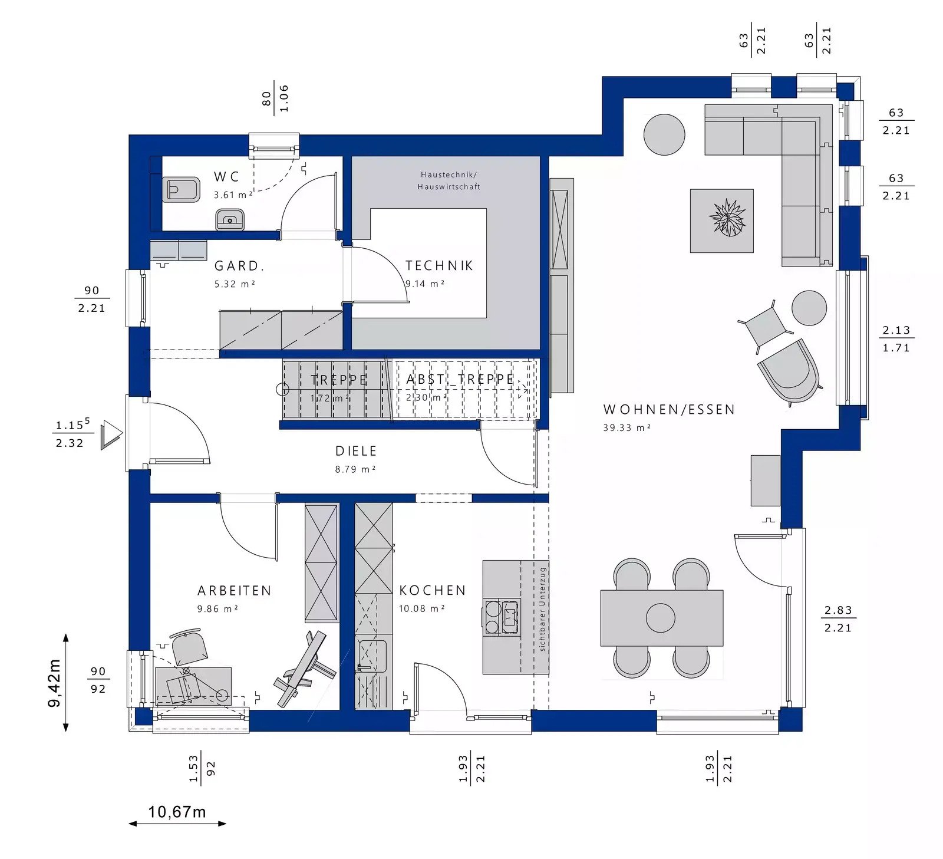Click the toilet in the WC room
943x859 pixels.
pyautogui.click(x=181, y=189)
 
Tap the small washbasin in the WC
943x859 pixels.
pyautogui.click(x=229, y=219)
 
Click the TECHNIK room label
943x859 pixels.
pyautogui.click(x=440, y=266)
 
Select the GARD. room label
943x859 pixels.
pyautogui.click(x=239, y=266)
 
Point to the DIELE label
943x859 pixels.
pyautogui.click(x=356, y=451)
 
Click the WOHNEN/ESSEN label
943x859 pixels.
pyautogui.click(x=669, y=410)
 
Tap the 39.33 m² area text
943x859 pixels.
pyautogui.click(x=627, y=428)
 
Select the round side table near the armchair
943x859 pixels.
pyautogui.click(x=809, y=308)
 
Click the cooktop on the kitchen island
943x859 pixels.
pyautogui.click(x=501, y=617)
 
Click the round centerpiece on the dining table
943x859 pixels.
pyautogui.click(x=660, y=618)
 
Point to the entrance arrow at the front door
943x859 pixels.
pyautogui.click(x=111, y=435)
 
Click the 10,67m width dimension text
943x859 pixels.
pyautogui.click(x=177, y=812)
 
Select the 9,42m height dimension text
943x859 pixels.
pyautogui.click(x=54, y=683)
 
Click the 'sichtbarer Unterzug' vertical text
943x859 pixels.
pyautogui.click(x=543, y=610)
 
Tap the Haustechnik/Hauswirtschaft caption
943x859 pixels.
pyautogui.click(x=449, y=181)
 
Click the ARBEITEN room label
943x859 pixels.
pyautogui.click(x=235, y=591)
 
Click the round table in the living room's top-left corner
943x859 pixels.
pyautogui.click(x=664, y=134)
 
